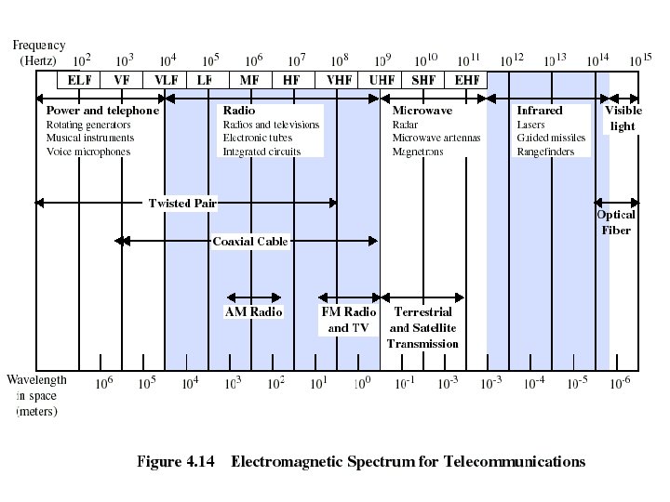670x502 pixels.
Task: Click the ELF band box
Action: pos(79,80)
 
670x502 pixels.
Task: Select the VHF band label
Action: pos(339,80)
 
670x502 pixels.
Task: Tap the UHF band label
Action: pos(382,80)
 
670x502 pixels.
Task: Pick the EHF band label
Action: pos(467,80)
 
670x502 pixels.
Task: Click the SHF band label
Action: pos(423,80)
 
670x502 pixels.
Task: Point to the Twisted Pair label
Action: pos(182,203)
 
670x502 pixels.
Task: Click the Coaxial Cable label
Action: pos(250,242)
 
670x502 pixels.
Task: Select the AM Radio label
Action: pos(253,312)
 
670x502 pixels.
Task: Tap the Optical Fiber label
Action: pos(616,222)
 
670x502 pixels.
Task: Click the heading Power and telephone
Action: pos(102,111)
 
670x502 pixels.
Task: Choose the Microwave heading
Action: pos(422,111)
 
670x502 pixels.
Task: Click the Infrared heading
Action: pos(540,111)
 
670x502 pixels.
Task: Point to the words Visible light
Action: pos(623,118)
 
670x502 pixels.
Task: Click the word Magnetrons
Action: pos(418,152)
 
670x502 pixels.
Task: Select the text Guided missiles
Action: pos(553,138)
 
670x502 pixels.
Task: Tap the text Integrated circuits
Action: pos(261,152)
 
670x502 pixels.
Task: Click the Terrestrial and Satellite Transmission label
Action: pos(422,327)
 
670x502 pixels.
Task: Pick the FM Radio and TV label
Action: pos(348,320)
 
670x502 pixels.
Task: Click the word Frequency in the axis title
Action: pos(39,45)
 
